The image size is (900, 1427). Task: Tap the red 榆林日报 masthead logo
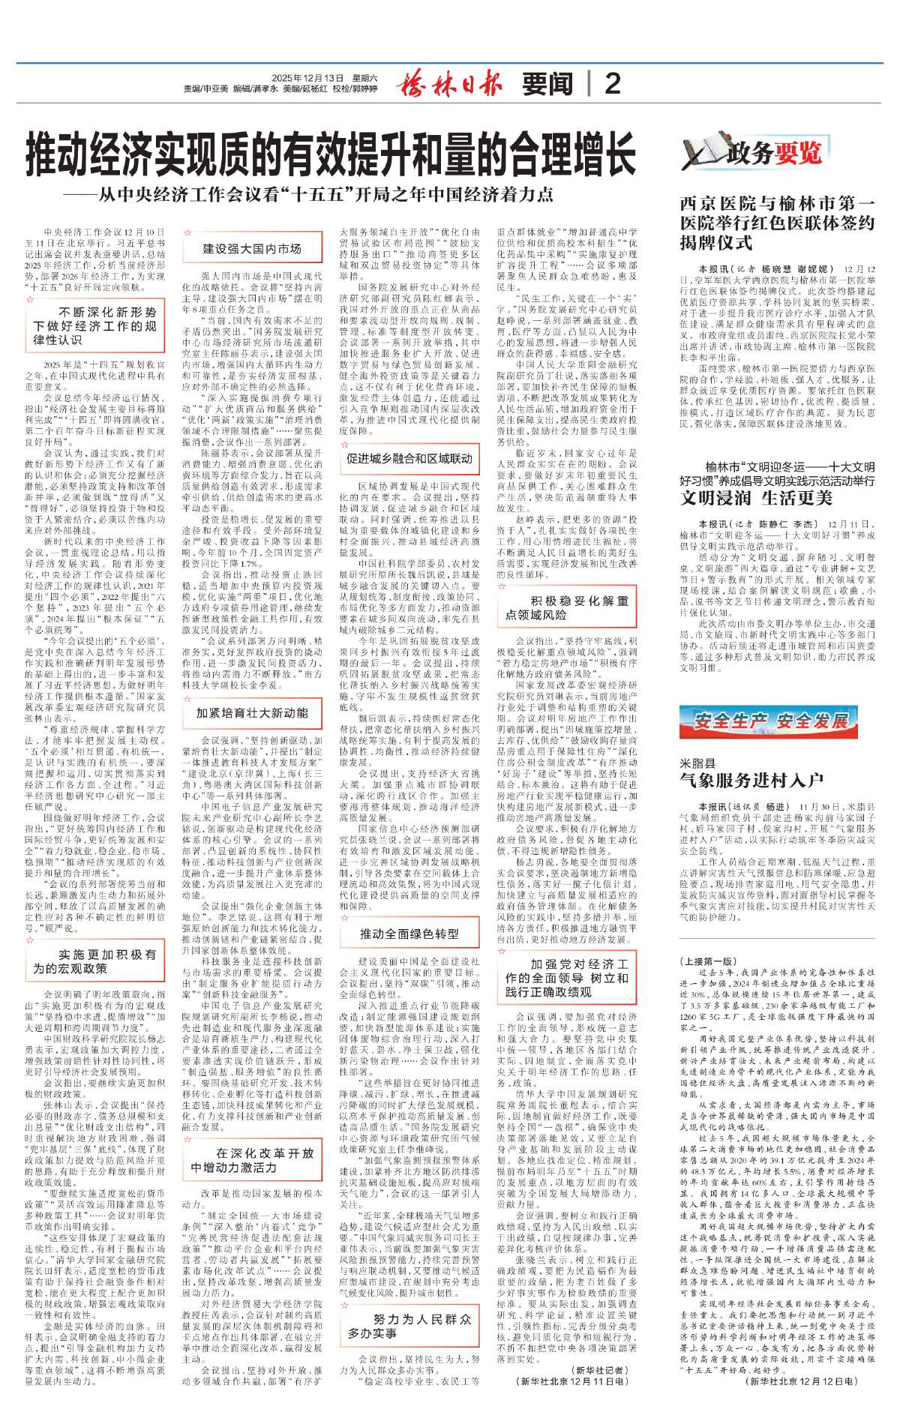click(x=449, y=83)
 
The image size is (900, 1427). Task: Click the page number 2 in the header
click(x=612, y=83)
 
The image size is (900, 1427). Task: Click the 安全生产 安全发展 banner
click(x=772, y=721)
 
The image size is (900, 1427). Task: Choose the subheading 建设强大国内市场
click(x=251, y=249)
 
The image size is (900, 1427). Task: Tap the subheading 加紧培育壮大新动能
click(x=252, y=712)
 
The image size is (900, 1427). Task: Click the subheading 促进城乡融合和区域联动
click(x=409, y=458)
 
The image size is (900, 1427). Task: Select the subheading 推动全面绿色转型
click(x=409, y=934)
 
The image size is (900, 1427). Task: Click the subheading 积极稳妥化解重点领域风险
click(x=566, y=607)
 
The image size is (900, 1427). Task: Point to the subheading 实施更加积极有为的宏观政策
click(x=94, y=961)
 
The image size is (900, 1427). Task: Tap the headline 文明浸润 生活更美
click(x=756, y=499)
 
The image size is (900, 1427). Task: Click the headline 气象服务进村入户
click(x=751, y=781)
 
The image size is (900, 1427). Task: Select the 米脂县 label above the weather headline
click(x=697, y=763)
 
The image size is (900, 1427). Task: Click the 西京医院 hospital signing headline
click(x=777, y=223)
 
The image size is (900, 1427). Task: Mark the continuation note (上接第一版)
click(x=707, y=961)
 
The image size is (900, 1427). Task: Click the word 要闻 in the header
click(x=547, y=84)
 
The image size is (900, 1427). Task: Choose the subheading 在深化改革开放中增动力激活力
click(x=252, y=1161)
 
